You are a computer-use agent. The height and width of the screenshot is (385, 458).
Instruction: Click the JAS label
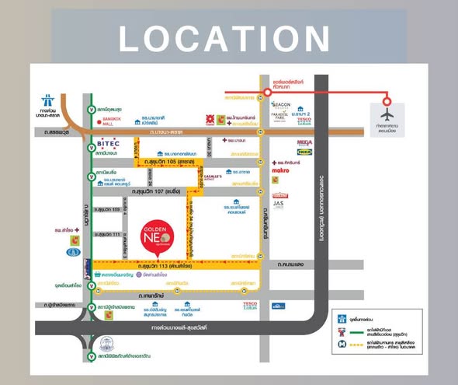pyautogui.click(x=279, y=204)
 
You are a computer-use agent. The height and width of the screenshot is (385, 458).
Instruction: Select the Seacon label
pyautogui.click(x=281, y=104)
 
